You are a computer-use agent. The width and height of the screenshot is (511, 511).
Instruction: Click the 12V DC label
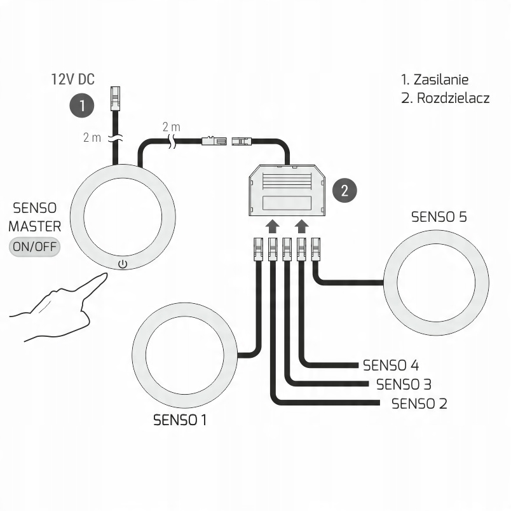(x=72, y=79)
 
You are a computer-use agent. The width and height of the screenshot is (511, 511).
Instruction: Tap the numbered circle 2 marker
(x=345, y=191)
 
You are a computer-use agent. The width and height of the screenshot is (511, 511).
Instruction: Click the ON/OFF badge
(x=34, y=247)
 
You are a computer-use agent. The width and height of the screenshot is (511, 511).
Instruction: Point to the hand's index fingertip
(x=104, y=276)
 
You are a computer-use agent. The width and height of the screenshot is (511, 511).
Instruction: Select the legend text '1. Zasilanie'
(x=435, y=80)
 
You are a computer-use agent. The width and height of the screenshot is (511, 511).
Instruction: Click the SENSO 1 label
(x=181, y=420)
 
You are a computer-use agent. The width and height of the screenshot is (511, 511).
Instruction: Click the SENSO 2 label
(x=419, y=404)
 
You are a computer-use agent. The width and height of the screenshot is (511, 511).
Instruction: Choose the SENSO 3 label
(x=404, y=385)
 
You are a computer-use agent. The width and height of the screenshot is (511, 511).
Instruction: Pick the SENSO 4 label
(x=390, y=365)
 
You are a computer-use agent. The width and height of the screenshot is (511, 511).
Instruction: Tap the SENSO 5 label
(x=439, y=217)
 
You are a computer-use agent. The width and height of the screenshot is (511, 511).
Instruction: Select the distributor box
(x=287, y=190)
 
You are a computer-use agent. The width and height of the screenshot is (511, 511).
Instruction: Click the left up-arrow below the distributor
(x=272, y=226)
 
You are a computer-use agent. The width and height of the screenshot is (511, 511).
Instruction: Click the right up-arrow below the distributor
(x=302, y=226)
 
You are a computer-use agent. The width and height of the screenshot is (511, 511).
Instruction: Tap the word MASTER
(x=35, y=226)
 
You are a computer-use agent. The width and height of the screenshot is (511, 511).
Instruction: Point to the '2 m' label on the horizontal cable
(x=171, y=127)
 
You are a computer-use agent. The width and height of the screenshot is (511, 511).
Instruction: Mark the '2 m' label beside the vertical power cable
(x=92, y=137)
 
